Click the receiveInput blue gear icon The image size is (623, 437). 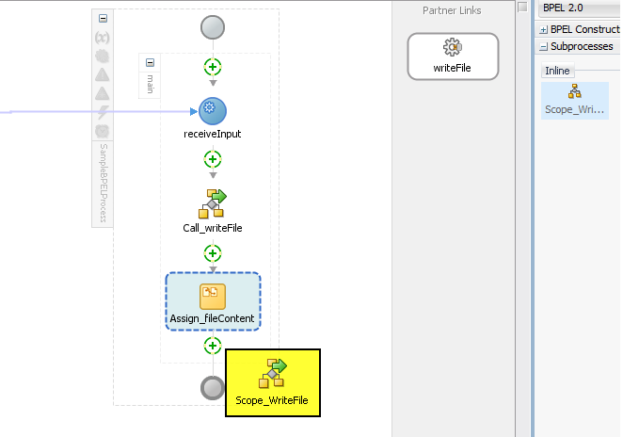[x=213, y=111]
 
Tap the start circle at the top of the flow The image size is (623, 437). [x=213, y=27]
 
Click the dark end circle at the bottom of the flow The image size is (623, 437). [x=214, y=387]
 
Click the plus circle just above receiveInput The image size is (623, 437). [x=213, y=67]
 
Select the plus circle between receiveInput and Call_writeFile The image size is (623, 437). [x=213, y=159]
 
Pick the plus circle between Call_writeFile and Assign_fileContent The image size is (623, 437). [x=213, y=252]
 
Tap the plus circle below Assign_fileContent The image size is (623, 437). [x=213, y=346]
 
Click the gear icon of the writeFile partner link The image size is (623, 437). [x=453, y=48]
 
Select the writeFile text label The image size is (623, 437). [x=453, y=68]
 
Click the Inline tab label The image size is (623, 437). [x=558, y=71]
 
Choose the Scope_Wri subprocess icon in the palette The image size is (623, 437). [x=574, y=91]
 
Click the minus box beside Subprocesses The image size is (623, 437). [x=544, y=46]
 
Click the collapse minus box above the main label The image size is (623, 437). [x=150, y=62]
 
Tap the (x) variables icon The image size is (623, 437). [x=103, y=38]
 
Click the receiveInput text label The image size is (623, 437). [x=213, y=134]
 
